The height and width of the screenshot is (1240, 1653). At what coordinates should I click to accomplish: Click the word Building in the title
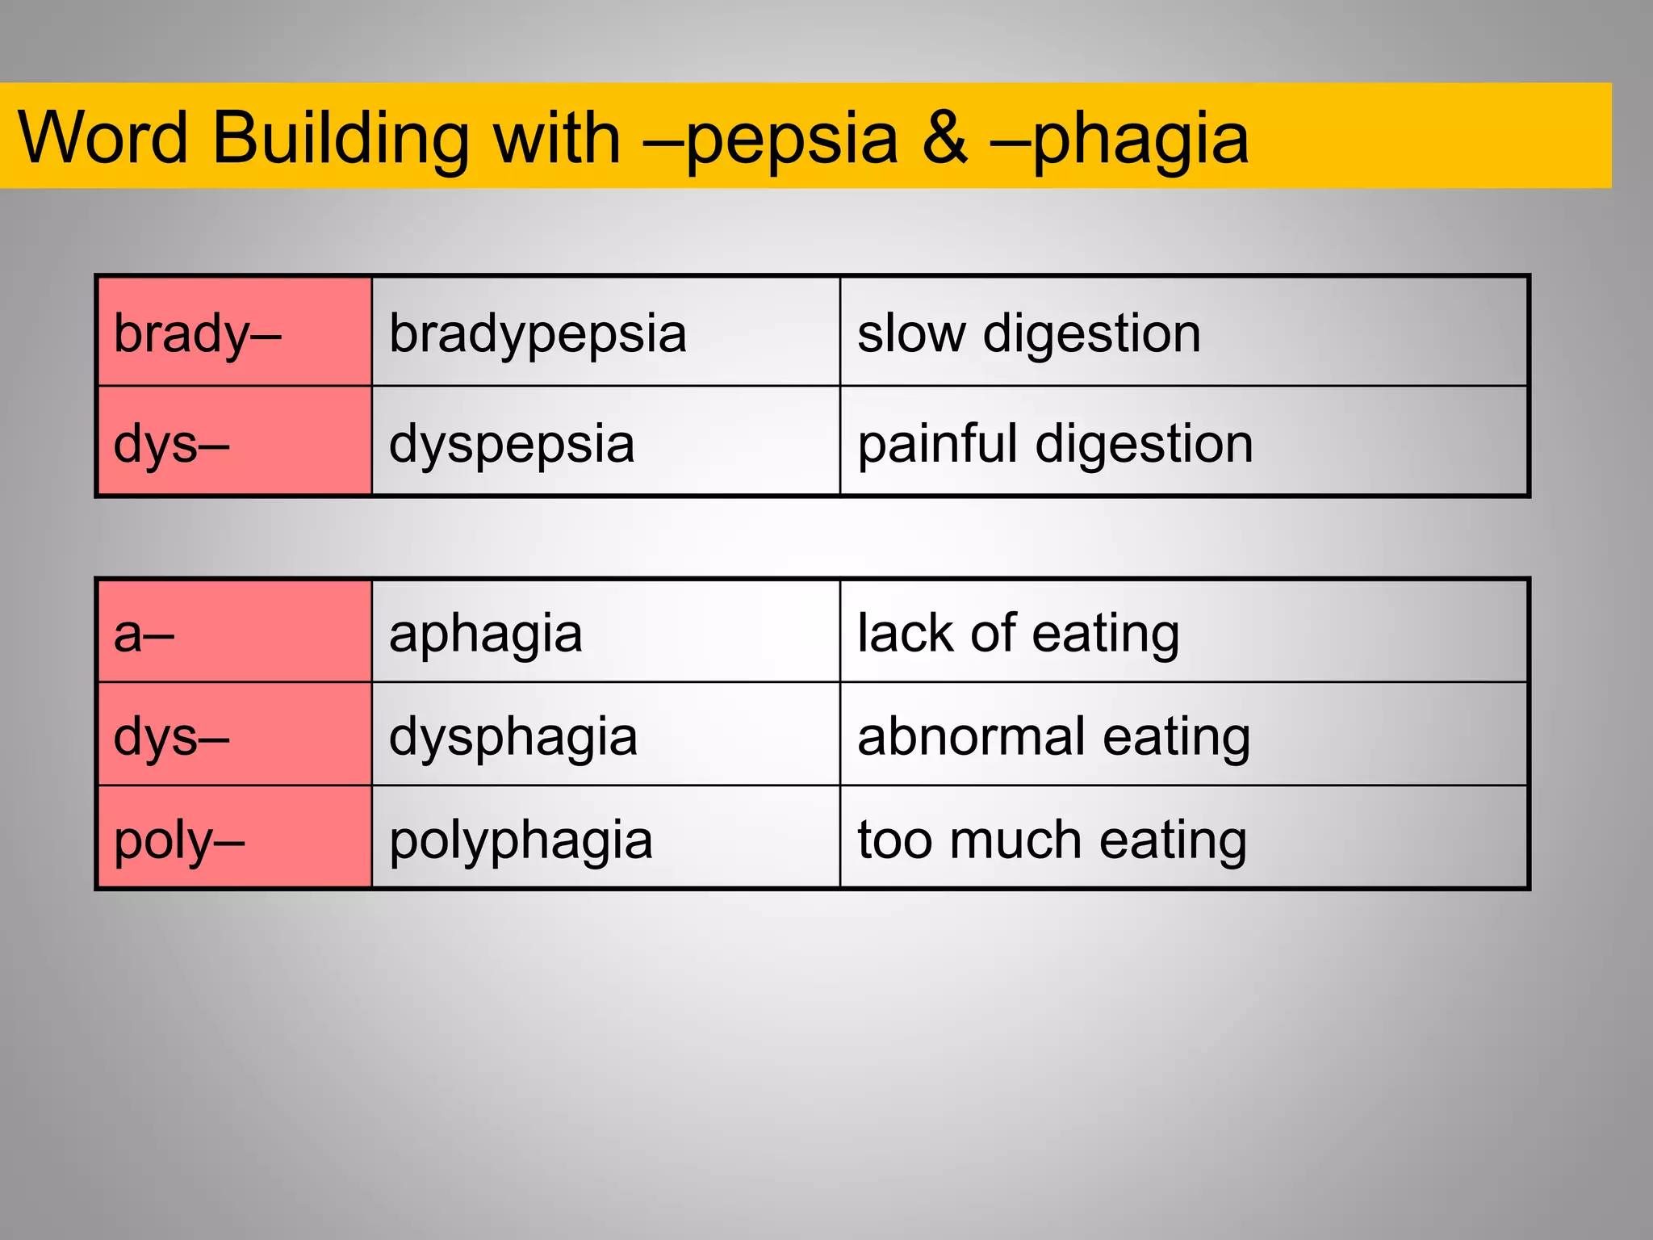(x=340, y=138)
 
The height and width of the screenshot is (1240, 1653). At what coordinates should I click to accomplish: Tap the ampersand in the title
(x=944, y=138)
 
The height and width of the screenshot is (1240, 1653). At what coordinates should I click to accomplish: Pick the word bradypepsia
(x=538, y=333)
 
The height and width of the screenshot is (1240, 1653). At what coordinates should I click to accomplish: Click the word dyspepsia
(x=512, y=443)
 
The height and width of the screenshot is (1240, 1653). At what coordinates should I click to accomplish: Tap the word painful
(x=936, y=443)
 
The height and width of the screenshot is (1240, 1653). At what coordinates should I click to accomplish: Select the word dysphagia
(x=513, y=736)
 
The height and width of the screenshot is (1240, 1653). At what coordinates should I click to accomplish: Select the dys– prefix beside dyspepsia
(x=171, y=443)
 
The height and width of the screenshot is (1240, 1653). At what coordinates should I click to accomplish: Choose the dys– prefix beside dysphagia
(x=171, y=736)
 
